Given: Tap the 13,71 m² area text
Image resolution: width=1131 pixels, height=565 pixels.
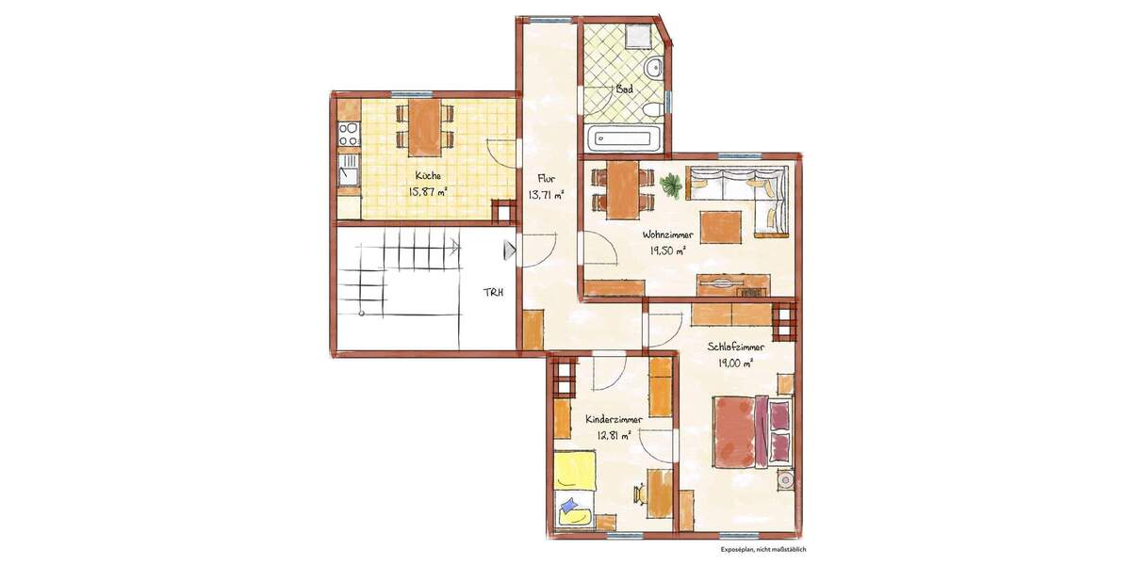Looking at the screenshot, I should [546, 195].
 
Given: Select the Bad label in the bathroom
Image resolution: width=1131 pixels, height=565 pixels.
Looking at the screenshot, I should [623, 89].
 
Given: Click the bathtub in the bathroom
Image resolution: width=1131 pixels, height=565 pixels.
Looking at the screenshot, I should [627, 139].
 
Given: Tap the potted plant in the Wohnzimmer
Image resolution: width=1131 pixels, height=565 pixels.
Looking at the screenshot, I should [672, 186].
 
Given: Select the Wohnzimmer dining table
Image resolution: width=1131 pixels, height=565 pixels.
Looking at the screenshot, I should [621, 188].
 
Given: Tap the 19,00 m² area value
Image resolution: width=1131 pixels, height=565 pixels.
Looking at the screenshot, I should [735, 363].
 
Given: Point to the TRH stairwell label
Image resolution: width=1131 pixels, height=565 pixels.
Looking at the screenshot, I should [494, 292].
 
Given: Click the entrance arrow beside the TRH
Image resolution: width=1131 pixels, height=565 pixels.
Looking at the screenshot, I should [510, 251].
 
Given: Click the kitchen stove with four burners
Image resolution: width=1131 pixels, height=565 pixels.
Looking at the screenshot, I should [349, 133].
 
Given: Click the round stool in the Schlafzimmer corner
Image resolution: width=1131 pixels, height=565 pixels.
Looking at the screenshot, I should [784, 481].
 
